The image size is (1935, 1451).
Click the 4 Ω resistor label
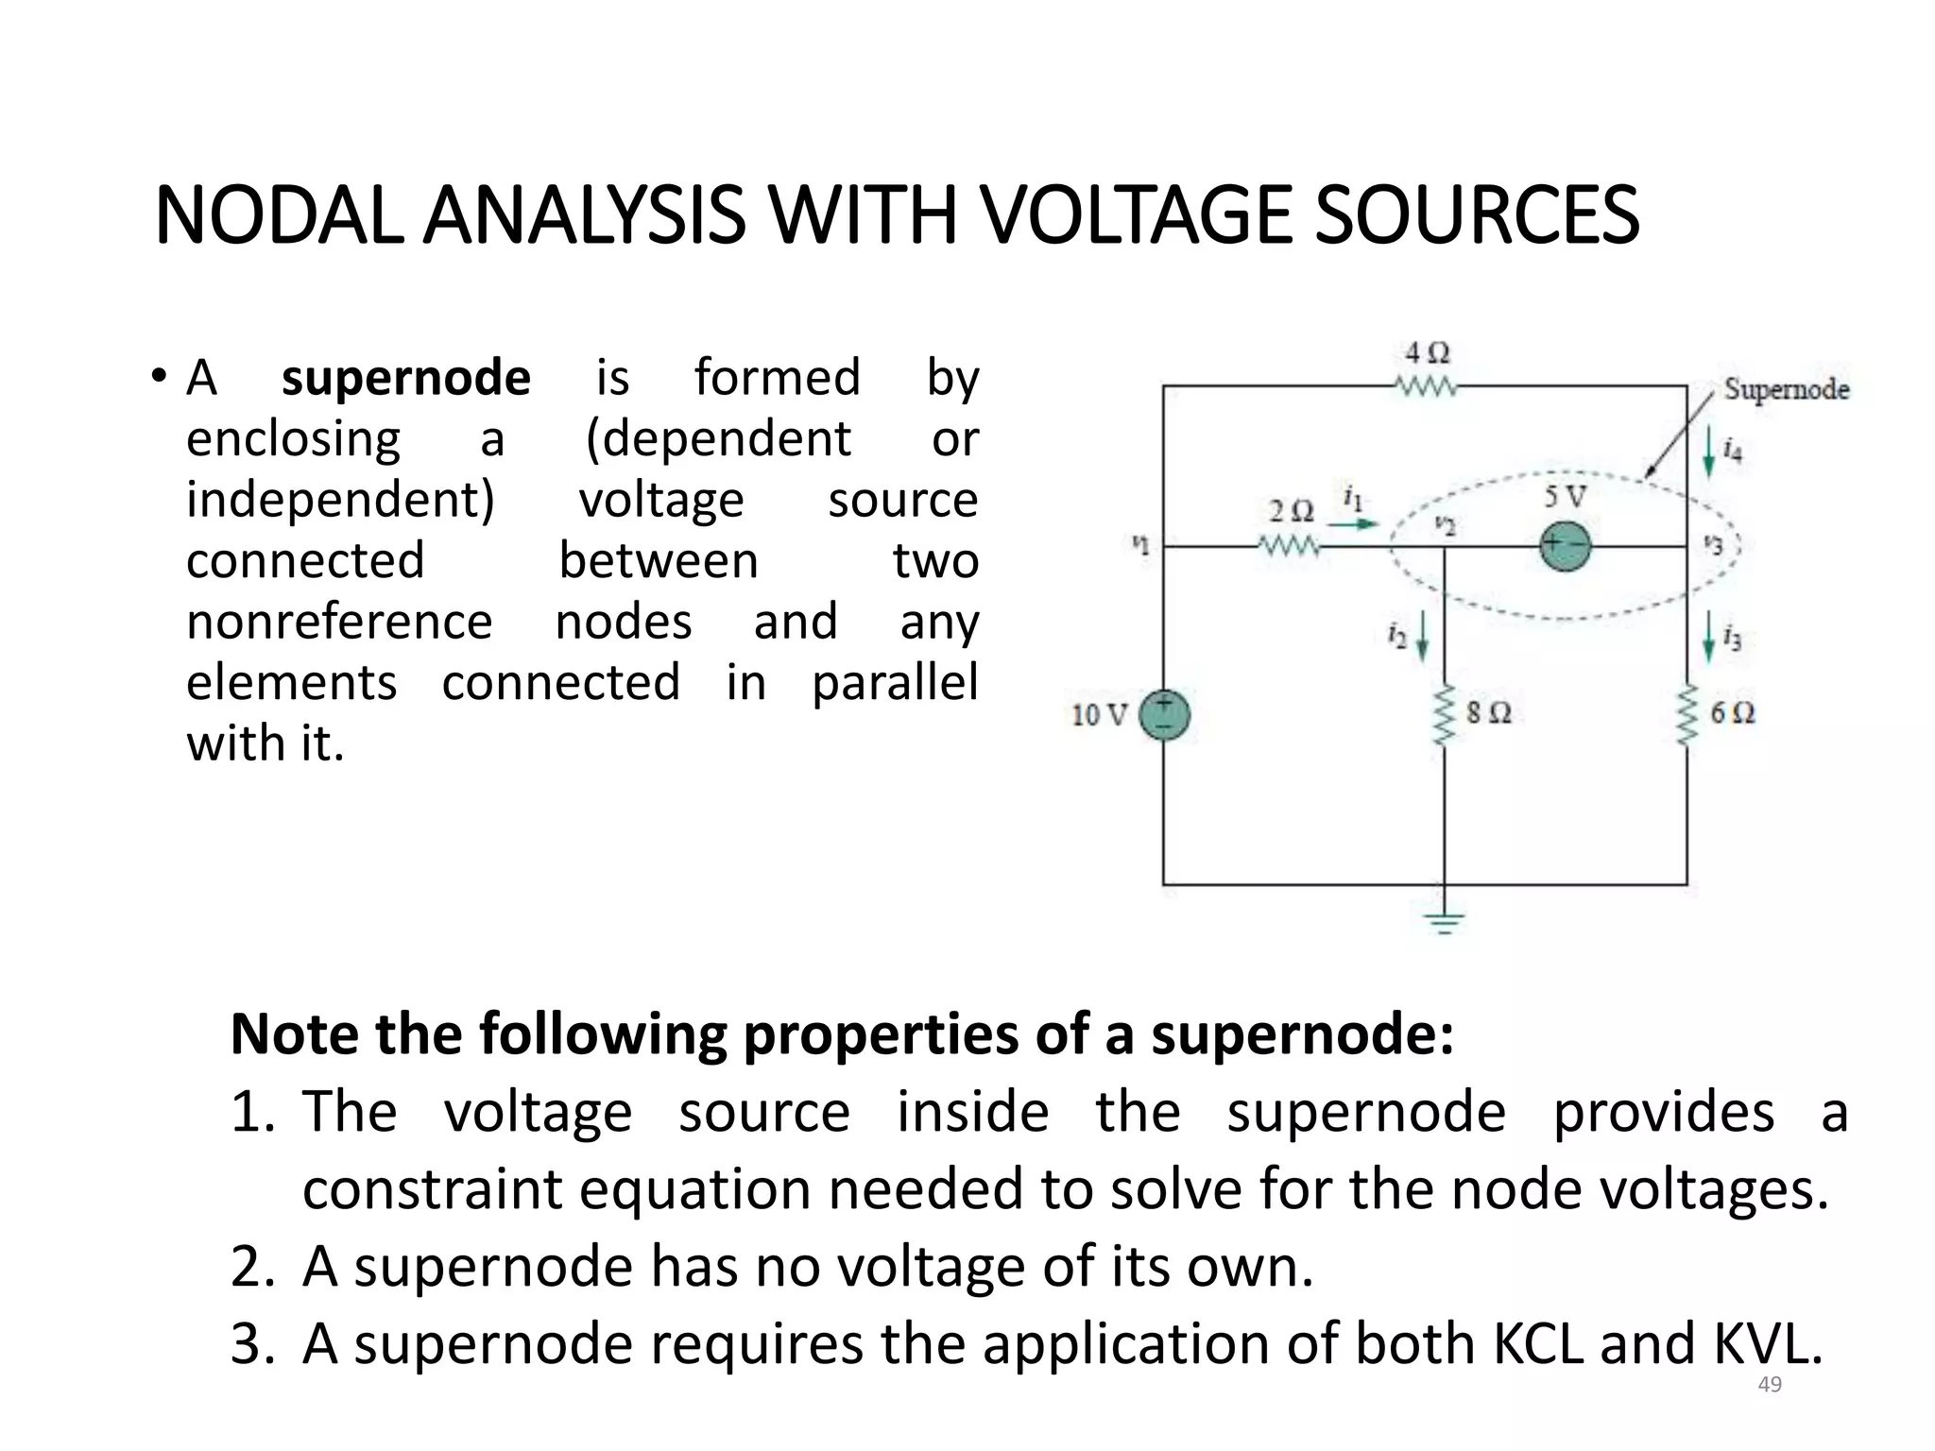[x=1427, y=353]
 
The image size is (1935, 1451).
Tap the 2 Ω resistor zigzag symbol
[x=1289, y=546]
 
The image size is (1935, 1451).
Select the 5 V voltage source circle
[x=1564, y=546]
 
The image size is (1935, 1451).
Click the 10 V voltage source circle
[x=1164, y=715]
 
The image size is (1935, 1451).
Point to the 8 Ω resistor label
[x=1489, y=713]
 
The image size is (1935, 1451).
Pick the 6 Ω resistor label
[x=1732, y=713]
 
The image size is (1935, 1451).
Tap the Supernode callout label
[x=1786, y=389]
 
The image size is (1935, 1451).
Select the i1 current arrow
[x=1354, y=522]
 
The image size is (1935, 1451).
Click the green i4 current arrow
[x=1707, y=455]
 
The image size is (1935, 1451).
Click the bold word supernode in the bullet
[x=405, y=378]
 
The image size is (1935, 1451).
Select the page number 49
[x=1769, y=1384]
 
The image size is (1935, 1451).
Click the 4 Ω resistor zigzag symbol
[x=1427, y=386]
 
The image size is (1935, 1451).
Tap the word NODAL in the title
[x=281, y=216]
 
